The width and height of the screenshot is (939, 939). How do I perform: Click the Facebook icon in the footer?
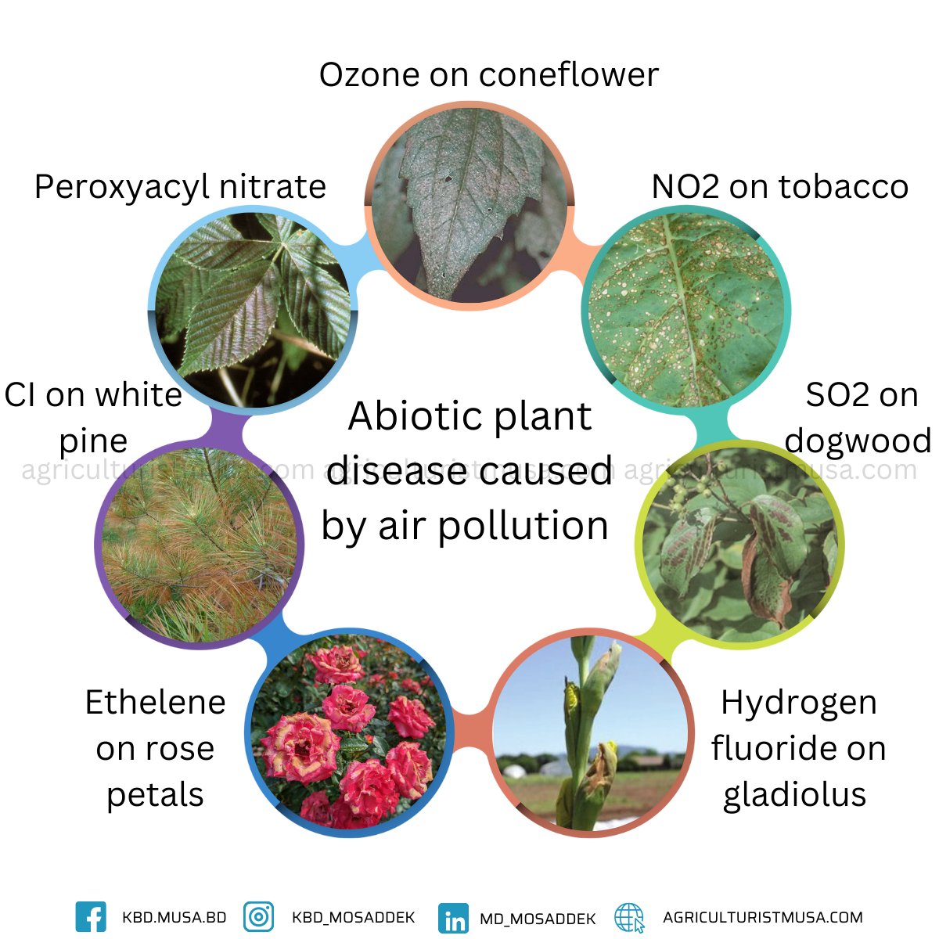[91, 917]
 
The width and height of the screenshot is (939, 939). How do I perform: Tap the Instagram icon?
[258, 917]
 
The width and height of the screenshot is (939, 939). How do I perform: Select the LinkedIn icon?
[454, 919]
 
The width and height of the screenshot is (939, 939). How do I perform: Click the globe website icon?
[629, 918]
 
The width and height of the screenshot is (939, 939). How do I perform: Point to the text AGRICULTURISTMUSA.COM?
[762, 917]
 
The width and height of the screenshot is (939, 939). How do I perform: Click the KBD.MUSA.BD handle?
[174, 917]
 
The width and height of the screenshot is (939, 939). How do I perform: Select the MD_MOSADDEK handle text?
[538, 919]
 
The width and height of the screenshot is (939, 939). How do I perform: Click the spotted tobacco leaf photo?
[685, 310]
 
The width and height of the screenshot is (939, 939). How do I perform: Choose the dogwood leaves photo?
[739, 545]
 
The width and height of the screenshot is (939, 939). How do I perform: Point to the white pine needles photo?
[200, 543]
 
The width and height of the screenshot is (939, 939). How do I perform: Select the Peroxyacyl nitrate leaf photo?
[252, 310]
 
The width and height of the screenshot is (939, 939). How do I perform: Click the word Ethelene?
[155, 703]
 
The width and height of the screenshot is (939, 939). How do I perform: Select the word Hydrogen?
[798, 703]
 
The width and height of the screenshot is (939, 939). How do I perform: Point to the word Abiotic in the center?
[405, 416]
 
